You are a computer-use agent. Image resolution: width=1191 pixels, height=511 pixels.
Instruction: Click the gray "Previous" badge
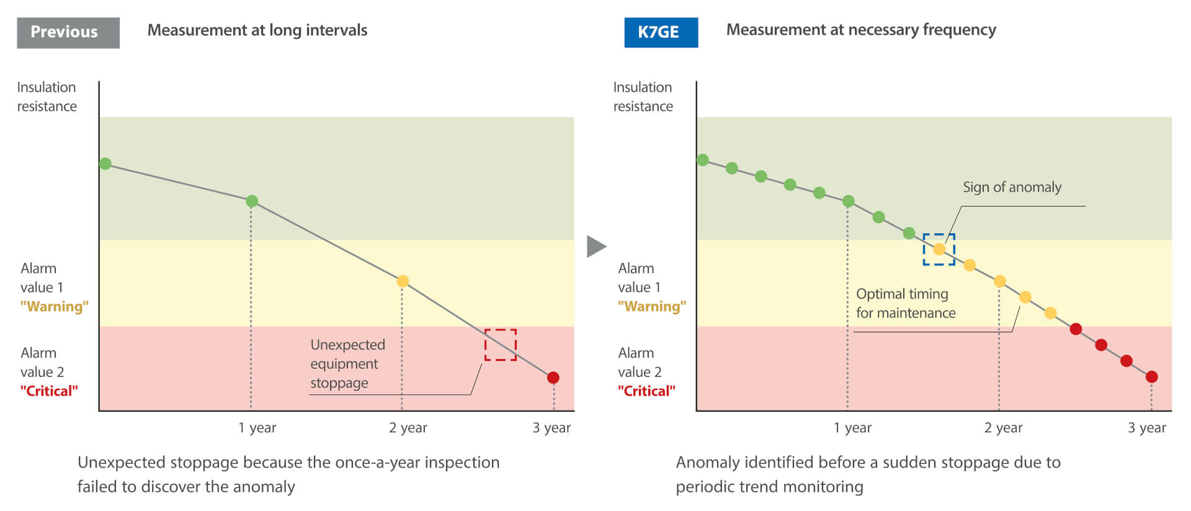pyautogui.click(x=68, y=32)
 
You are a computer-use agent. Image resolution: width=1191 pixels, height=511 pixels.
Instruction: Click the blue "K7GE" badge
pyautogui.click(x=661, y=32)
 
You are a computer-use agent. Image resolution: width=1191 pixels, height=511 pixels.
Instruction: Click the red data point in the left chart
pyautogui.click(x=553, y=377)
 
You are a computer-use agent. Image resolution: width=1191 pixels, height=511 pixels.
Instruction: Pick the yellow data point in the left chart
pyautogui.click(x=403, y=281)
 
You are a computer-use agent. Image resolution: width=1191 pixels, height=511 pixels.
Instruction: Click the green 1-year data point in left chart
pyautogui.click(x=252, y=201)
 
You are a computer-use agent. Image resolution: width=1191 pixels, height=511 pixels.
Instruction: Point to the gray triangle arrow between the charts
pyautogui.click(x=596, y=246)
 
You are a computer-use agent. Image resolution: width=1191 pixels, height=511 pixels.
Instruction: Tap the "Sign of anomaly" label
pyautogui.click(x=1012, y=187)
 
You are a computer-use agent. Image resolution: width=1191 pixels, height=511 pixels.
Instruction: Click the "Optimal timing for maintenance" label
pyautogui.click(x=906, y=303)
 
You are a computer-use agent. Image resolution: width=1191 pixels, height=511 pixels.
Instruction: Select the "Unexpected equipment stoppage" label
pyautogui.click(x=347, y=363)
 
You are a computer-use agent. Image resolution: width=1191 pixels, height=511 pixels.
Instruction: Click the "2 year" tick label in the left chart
pyautogui.click(x=408, y=427)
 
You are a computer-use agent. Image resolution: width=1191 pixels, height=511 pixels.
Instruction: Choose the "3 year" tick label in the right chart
pyautogui.click(x=1147, y=427)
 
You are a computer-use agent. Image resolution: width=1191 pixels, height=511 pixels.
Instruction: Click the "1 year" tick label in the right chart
pyautogui.click(x=852, y=427)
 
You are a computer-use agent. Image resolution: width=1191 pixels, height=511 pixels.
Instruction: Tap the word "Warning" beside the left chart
pyautogui.click(x=55, y=306)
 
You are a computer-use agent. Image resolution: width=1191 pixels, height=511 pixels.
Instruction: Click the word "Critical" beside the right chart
pyautogui.click(x=646, y=391)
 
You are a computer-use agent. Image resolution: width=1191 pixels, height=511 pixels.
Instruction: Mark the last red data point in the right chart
pyautogui.click(x=1152, y=376)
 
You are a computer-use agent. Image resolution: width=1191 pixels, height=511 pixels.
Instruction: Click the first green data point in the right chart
pyautogui.click(x=703, y=160)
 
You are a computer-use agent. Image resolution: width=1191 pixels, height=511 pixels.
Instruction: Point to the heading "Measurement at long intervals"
pyautogui.click(x=257, y=30)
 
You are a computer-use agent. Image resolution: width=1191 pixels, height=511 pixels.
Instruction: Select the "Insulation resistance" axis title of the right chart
pyautogui.click(x=643, y=97)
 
